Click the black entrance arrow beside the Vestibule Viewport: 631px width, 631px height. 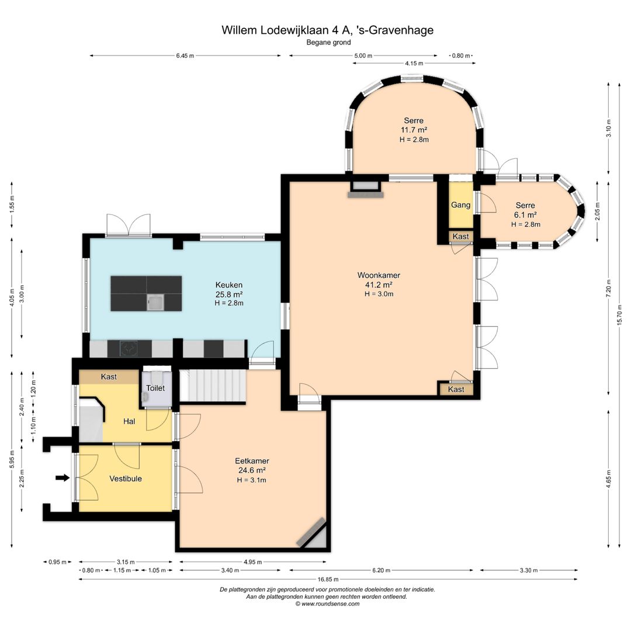63,478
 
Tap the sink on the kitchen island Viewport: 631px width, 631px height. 155,302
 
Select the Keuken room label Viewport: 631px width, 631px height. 229,285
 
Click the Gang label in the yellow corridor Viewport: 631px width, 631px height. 461,205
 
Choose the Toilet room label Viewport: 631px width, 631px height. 155,388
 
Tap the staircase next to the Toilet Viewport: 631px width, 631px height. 213,386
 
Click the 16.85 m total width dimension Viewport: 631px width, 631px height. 328,579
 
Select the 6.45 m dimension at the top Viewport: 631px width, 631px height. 185,56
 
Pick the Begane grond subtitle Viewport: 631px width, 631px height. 328,42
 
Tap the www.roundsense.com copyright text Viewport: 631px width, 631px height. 327,604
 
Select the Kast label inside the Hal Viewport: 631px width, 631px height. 109,377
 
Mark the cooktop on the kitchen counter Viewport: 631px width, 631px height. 129,349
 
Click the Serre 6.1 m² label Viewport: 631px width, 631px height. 526,210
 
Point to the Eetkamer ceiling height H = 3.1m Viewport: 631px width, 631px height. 251,480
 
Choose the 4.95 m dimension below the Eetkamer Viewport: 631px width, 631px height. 253,562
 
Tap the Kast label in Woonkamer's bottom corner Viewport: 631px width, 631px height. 456,389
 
